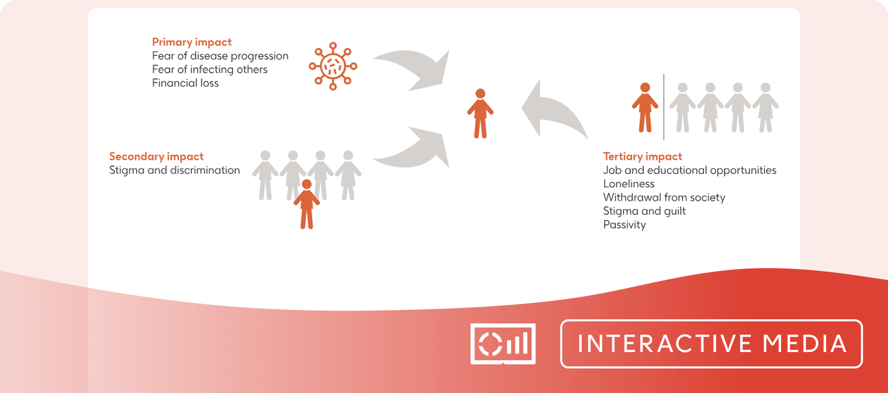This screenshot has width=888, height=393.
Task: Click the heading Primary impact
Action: [x=192, y=42]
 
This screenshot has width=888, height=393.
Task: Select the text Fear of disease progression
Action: [x=220, y=56]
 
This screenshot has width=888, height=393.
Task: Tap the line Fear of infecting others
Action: [x=210, y=70]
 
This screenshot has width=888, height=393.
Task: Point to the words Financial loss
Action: [x=185, y=83]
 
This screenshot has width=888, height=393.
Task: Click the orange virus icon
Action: [x=333, y=66]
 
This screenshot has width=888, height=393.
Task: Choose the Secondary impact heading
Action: [x=157, y=157]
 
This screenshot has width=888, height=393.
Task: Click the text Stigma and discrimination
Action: [x=174, y=170]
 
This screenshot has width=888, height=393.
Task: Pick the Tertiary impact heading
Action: [x=642, y=157]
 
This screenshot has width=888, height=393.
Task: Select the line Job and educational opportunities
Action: [x=690, y=170]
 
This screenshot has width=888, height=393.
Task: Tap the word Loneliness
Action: [x=629, y=184]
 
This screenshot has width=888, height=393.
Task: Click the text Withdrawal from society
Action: [x=664, y=198]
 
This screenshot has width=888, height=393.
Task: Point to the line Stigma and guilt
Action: [x=645, y=211]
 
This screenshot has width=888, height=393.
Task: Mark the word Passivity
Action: [x=625, y=225]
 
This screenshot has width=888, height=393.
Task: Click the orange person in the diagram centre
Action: [x=480, y=114]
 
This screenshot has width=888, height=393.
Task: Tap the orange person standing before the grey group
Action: [x=307, y=204]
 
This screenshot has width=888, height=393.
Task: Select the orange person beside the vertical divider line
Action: [x=645, y=108]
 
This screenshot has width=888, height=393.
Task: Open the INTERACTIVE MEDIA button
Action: [x=712, y=344]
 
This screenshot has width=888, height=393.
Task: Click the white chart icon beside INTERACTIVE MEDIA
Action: [x=503, y=344]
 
